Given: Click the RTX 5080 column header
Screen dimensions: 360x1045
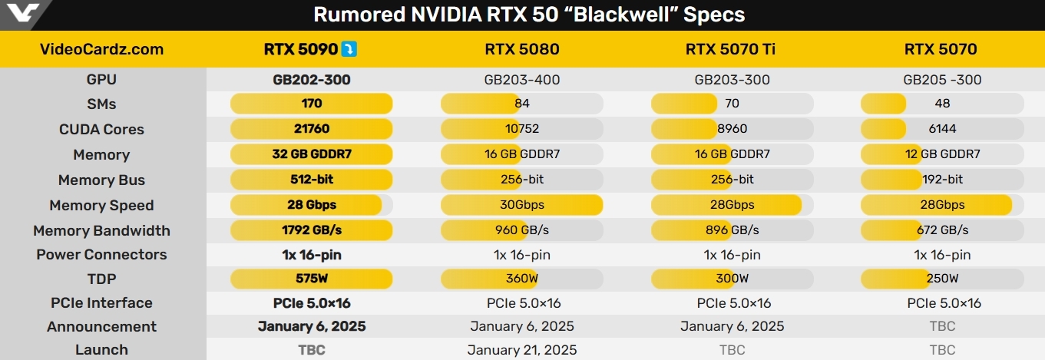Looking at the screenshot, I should (521, 49).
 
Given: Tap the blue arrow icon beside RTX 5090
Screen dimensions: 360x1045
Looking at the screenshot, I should (349, 49).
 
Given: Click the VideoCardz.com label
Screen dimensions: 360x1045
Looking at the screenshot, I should (101, 49).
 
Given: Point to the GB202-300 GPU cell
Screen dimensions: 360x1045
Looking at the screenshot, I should (312, 79).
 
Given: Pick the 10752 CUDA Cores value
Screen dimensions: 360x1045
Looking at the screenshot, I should (521, 129).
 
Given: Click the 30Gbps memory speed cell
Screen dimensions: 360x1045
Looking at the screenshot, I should (521, 205).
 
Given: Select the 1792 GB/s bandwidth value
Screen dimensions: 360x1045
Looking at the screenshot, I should (312, 230).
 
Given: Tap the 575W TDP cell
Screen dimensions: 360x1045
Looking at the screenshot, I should (312, 279).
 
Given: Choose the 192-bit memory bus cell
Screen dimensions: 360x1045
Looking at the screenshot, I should (942, 180).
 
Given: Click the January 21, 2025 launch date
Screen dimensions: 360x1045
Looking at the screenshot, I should (522, 350).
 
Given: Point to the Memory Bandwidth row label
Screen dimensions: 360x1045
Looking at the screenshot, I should (101, 230).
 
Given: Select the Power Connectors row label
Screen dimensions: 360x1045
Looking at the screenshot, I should (101, 254).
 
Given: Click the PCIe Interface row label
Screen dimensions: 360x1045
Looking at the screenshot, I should (101, 302).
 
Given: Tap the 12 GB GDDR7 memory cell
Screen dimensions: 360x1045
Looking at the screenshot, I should (942, 154).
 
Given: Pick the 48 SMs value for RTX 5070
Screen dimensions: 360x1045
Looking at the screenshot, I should (942, 104).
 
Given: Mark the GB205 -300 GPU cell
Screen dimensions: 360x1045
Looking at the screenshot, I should (942, 79).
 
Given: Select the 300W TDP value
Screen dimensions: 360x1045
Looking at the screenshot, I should (732, 279).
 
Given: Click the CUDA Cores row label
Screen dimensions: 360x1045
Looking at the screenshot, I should (101, 129).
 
